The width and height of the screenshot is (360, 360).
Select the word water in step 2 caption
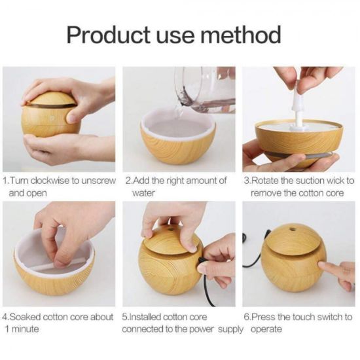pyautogui.click(x=143, y=193)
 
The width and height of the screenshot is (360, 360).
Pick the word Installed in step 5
pyautogui.click(x=149, y=317)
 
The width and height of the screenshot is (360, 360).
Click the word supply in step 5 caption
pyautogui.click(x=232, y=329)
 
